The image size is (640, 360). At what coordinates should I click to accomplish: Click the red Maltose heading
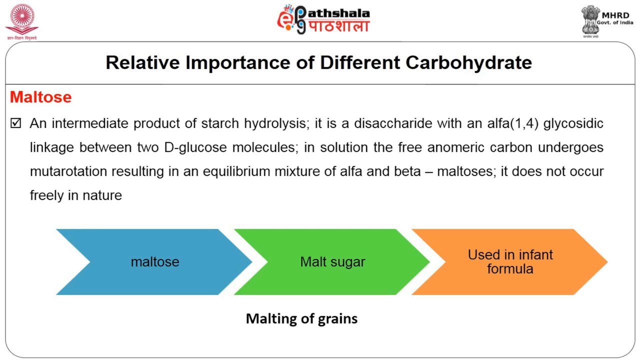pyautogui.click(x=40, y=97)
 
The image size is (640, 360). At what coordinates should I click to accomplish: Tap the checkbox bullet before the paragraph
pyautogui.click(x=16, y=123)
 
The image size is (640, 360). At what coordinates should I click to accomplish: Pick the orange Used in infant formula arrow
pyautogui.click(x=510, y=262)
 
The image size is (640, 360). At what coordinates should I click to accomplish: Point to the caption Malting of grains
pyautogui.click(x=301, y=318)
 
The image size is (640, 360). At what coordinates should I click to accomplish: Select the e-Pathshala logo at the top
pyautogui.click(x=323, y=20)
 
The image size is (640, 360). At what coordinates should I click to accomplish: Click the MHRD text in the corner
pyautogui.click(x=615, y=16)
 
